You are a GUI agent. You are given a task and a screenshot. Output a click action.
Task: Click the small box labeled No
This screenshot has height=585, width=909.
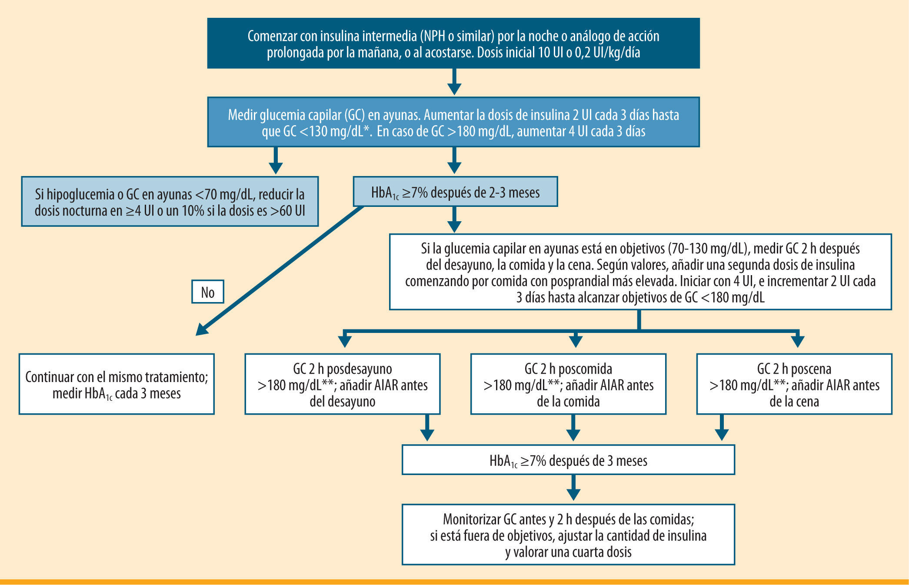coord(208,292)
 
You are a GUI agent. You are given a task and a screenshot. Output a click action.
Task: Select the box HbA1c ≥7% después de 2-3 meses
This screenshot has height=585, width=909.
coord(455,192)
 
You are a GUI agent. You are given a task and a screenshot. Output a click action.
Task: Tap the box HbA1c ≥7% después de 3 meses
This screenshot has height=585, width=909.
coord(568,460)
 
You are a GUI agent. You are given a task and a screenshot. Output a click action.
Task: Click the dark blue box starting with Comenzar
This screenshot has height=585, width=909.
coord(453,43)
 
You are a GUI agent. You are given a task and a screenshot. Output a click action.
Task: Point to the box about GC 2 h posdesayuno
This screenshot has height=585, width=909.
coord(342,384)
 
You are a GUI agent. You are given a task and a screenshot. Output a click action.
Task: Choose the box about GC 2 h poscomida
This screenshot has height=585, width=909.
coord(568,384)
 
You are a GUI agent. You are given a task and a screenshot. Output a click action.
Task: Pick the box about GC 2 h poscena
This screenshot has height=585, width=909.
coord(794,384)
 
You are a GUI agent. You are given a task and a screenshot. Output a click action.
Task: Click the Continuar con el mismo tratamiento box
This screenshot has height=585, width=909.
coord(117,384)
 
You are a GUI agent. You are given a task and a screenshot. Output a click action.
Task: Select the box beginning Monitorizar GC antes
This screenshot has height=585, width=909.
coord(568,535)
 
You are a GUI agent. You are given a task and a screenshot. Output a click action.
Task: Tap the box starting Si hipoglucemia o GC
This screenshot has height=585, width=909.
coord(170,202)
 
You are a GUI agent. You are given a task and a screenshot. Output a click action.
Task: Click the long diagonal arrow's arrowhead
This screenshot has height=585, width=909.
coord(201,330)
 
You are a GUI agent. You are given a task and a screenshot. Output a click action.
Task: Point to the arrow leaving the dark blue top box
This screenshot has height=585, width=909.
coord(454,83)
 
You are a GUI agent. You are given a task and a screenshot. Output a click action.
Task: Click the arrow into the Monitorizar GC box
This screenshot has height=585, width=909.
coord(573,489)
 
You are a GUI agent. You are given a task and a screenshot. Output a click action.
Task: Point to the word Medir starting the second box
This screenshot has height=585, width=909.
coord(242,115)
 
